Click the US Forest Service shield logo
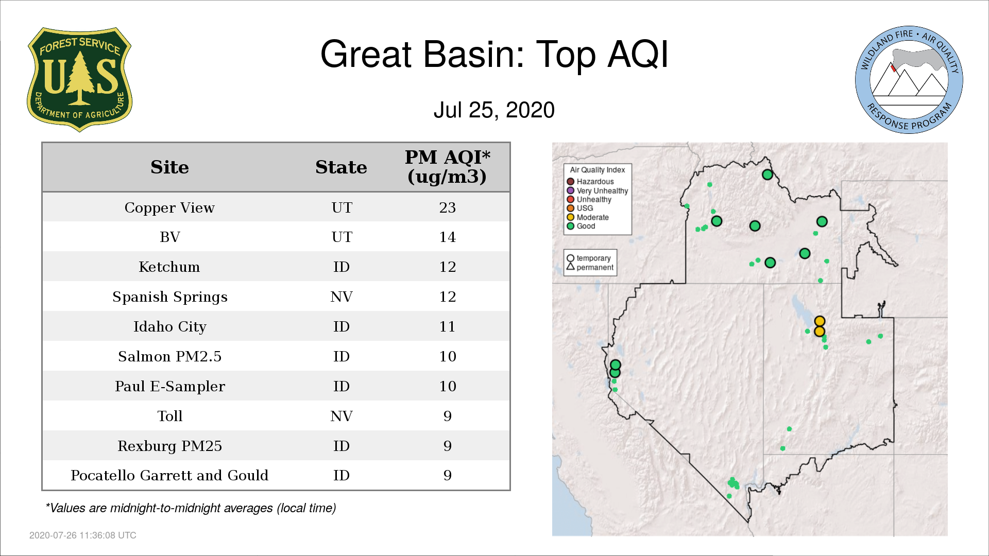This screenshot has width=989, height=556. (79, 80)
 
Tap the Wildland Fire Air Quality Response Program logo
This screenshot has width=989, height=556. (909, 80)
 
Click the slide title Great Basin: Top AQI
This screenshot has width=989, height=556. (494, 54)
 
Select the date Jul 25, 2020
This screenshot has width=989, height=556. (494, 110)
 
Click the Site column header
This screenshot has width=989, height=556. (169, 167)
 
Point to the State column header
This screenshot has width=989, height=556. (341, 167)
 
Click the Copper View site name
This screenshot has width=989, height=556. (169, 207)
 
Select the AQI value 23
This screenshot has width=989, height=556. (447, 207)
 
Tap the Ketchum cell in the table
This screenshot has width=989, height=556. (169, 267)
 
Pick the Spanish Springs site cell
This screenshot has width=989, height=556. (169, 297)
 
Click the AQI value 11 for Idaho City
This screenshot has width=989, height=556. (447, 326)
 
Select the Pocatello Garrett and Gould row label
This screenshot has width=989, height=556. (169, 475)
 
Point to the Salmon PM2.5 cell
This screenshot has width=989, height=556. (169, 356)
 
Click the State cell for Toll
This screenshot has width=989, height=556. (341, 416)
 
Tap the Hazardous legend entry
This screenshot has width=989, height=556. (590, 182)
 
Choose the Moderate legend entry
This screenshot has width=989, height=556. (588, 217)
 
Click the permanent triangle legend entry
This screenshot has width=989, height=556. (590, 267)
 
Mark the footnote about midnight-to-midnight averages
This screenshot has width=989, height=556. (191, 508)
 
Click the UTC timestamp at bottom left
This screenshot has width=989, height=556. (83, 535)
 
